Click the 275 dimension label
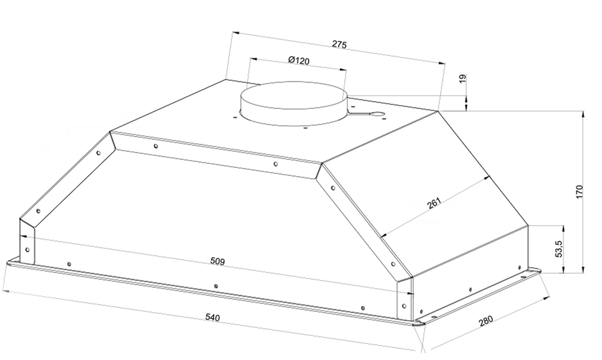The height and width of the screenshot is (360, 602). tap(339, 44)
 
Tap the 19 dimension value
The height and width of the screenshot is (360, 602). tap(462, 78)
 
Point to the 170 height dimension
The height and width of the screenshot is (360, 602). tap(579, 191)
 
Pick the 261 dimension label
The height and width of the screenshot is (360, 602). tap(434, 203)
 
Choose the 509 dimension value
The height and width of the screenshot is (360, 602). tap(217, 261)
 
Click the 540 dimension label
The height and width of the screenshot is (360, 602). tap(213, 317)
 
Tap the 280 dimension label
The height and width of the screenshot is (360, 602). tap(486, 320)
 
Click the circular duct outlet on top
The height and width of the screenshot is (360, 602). tap(293, 103)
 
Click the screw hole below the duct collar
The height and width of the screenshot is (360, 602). tap(305, 128)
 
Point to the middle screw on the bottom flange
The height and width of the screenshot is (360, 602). tap(216, 286)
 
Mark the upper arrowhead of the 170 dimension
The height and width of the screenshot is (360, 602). tap(583, 114)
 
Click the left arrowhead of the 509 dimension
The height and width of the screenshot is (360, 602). tap(23, 237)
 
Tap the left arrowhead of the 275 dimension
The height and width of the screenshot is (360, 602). tap(236, 33)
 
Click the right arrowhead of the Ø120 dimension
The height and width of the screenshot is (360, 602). tap(343, 69)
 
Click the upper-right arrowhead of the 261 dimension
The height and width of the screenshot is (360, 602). tap(488, 178)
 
